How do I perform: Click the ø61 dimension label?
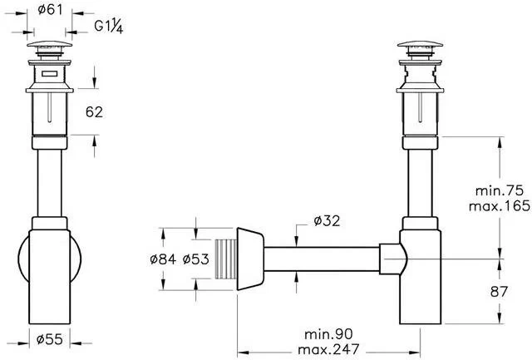(51, 10)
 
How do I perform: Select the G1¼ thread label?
(110, 26)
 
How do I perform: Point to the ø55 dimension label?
(51, 339)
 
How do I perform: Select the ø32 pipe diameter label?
(327, 220)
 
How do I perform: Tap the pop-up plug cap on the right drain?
(422, 45)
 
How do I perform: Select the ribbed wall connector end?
(224, 258)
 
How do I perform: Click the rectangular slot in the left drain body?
(51, 76)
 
